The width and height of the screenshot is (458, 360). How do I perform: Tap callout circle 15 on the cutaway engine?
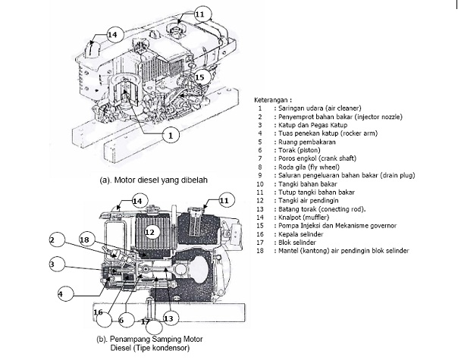(199, 77)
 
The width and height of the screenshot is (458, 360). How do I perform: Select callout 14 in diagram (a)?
(112, 34)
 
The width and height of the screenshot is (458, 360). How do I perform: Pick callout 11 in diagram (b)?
(224, 200)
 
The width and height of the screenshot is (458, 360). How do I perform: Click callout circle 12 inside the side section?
(150, 232)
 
